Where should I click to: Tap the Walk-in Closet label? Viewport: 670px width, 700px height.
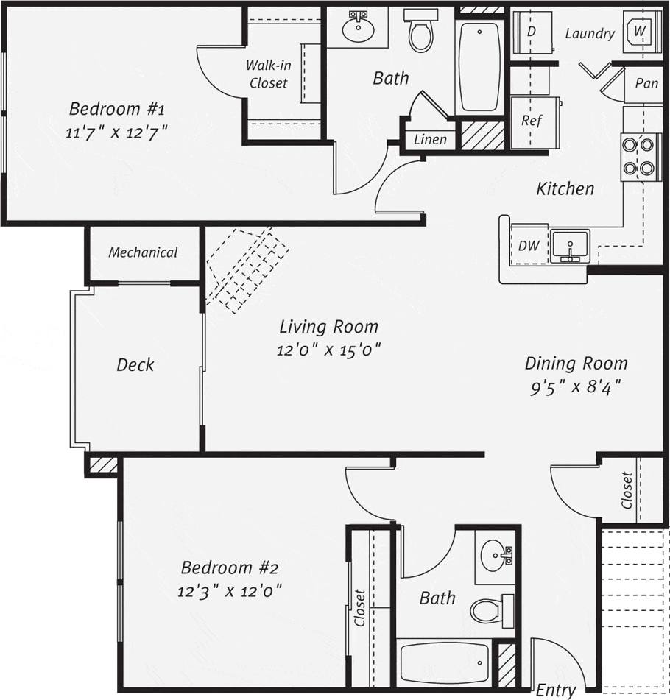pos(268,74)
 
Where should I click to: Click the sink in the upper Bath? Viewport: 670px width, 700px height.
pos(359,29)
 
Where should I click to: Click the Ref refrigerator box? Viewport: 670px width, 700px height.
pos(532,121)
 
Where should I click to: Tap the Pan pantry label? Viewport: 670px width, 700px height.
pos(646,83)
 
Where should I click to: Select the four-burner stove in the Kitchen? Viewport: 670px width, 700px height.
pos(638,156)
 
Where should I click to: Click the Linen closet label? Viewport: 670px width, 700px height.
pos(430,139)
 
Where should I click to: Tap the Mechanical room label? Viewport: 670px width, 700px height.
pos(144,252)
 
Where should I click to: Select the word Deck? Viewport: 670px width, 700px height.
pos(135,364)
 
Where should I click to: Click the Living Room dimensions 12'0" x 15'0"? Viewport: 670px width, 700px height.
pos(328,350)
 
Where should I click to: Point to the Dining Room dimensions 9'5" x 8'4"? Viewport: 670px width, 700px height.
pos(576,386)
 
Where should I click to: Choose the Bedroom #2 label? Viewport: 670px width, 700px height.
pos(230,568)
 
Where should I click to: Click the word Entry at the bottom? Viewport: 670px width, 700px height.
pos(555,690)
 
